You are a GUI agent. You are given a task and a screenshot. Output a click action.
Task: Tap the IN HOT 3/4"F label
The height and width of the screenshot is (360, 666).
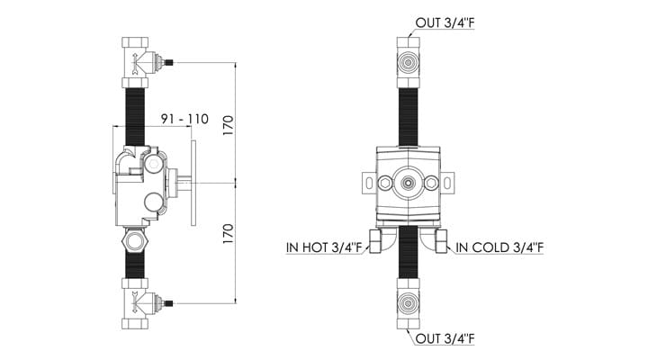pyautogui.click(x=325, y=245)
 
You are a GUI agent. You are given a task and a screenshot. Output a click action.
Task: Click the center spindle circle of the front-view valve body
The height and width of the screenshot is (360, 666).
pyautogui.click(x=409, y=183)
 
